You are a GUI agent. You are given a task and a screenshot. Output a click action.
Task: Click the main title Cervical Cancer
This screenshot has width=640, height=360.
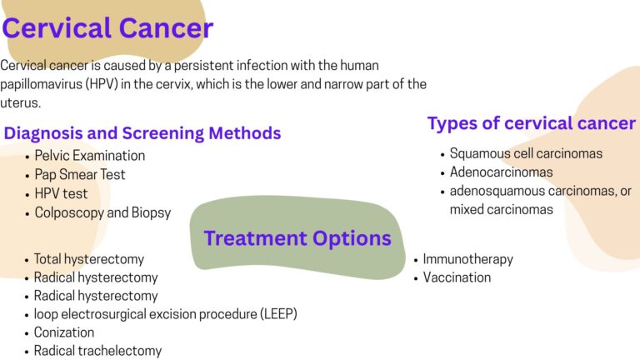tap(107, 28)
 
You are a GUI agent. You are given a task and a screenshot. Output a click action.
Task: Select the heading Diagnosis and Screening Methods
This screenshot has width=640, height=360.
tap(142, 132)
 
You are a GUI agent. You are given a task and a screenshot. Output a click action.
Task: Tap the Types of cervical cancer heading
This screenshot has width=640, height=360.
tap(531, 123)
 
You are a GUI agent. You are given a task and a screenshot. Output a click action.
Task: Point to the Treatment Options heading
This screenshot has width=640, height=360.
tap(297, 238)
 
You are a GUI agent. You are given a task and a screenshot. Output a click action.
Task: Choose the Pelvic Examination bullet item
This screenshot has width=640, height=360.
tap(89, 156)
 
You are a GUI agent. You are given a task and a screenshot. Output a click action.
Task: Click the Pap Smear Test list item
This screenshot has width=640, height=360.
tap(80, 175)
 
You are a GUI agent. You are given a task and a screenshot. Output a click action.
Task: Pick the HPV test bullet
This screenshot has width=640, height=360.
tap(61, 193)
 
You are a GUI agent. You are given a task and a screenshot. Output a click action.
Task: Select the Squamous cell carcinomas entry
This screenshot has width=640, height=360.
tap(526, 153)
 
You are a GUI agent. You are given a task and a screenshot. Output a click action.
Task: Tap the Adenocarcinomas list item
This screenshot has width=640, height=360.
tap(501, 172)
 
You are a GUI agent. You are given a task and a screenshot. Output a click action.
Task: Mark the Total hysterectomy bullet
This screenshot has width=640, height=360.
tap(88, 259)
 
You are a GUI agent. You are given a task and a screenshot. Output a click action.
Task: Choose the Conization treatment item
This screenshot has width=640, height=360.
tap(64, 332)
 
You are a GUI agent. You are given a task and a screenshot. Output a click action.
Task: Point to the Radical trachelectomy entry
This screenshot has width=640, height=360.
tap(97, 351)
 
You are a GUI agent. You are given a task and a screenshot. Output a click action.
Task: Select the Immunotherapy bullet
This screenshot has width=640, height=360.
tap(467, 259)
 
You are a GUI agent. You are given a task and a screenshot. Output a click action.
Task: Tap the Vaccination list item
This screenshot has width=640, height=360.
tap(457, 277)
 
